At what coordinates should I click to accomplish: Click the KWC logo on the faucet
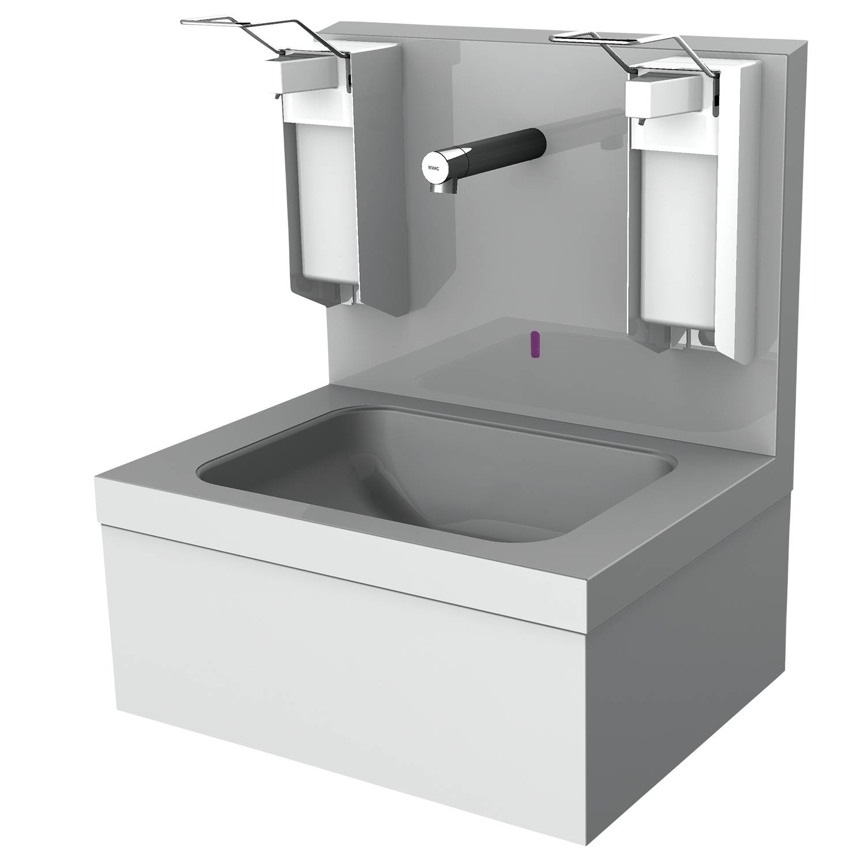[x=432, y=168]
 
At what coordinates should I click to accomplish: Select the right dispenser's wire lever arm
[x=634, y=49]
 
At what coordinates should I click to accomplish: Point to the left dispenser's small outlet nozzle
[x=279, y=96]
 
